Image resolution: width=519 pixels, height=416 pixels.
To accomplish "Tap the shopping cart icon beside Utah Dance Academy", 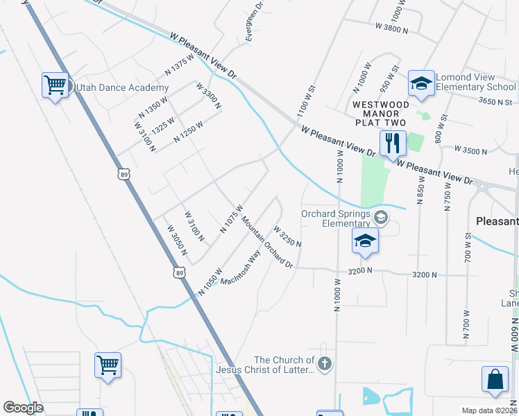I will point(54,85).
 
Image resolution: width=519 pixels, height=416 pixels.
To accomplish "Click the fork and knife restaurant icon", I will point(393,143).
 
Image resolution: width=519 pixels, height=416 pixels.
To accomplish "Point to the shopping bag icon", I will point(495,380).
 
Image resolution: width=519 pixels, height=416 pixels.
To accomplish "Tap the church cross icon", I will point(324,363).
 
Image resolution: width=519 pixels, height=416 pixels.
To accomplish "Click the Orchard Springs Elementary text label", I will point(336,218).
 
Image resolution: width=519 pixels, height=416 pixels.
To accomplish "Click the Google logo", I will point(23,408).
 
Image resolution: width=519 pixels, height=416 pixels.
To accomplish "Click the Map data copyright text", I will point(489,410).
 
